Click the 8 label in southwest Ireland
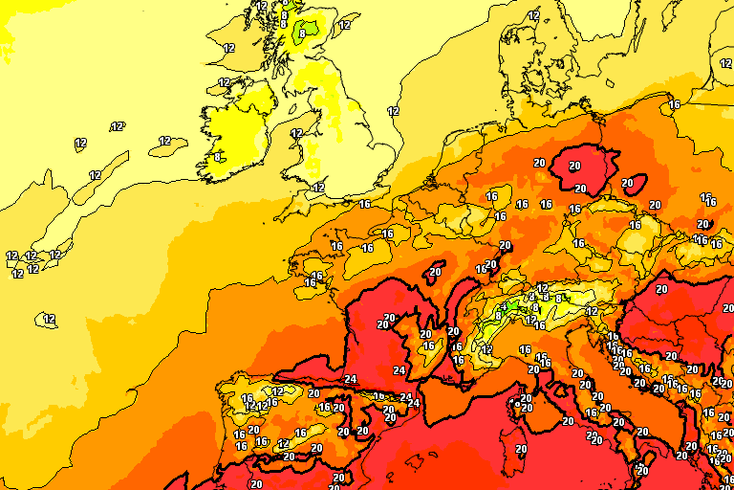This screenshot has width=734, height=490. coord(218,157)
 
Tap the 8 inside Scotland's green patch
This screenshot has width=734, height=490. coord(302,33)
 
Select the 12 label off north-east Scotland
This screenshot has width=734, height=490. coord(345,26)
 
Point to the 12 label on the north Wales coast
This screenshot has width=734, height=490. coord(296,134)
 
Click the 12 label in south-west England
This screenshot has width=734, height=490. coord(318,188)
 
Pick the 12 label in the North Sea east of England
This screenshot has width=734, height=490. coord(393,111)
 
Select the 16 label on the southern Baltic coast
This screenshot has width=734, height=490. coord(674,104)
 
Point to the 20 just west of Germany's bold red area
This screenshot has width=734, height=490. coord(539,163)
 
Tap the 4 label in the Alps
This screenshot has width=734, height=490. coord(532,297)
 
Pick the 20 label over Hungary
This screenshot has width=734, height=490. coord(661,289)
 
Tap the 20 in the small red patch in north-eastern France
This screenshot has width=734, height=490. coord(436,272)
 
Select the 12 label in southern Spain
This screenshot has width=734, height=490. coord(283,443)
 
